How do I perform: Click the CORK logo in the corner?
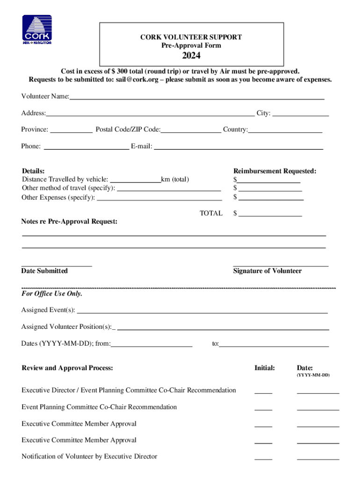(37, 29)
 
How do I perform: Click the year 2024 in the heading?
(191, 56)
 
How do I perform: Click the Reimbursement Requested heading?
(275, 171)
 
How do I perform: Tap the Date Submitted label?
(44, 271)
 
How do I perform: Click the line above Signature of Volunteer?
(281, 265)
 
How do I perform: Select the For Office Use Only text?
(52, 294)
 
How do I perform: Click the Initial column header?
(265, 368)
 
